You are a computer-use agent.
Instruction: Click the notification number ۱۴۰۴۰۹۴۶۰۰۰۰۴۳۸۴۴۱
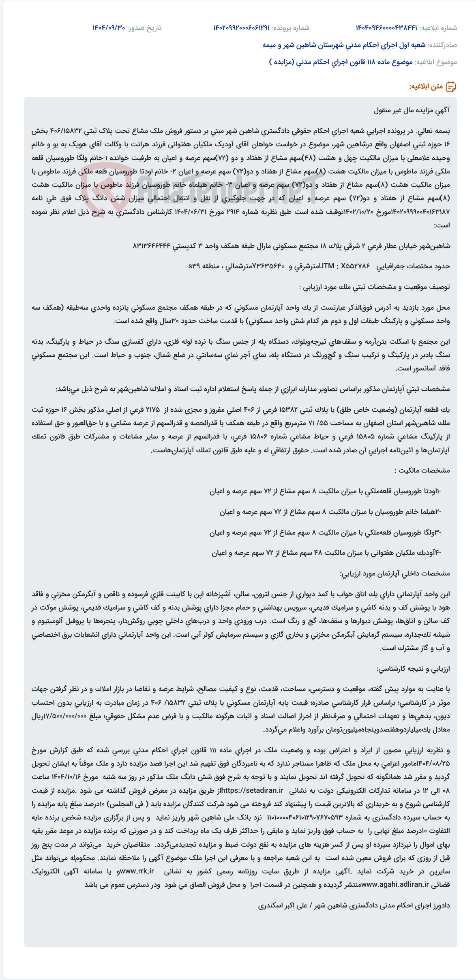[386, 28]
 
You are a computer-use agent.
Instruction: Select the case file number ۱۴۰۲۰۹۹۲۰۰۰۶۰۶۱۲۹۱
[241, 28]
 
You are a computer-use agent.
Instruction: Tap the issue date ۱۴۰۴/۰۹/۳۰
[109, 28]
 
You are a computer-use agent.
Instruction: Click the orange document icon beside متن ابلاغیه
[451, 86]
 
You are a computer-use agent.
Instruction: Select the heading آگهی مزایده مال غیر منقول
[412, 110]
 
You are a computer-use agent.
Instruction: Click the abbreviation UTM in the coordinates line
[327, 266]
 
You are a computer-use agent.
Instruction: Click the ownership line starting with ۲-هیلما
[330, 512]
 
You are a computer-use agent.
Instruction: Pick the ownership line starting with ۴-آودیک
[326, 553]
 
